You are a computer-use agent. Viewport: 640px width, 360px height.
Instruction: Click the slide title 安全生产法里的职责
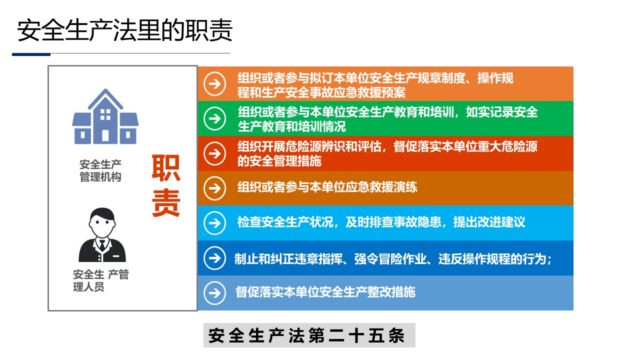pyautogui.click(x=124, y=30)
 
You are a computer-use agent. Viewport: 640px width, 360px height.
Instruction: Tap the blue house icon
pyautogui.click(x=105, y=116)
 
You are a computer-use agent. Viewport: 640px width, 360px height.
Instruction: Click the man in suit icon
pyautogui.click(x=102, y=235)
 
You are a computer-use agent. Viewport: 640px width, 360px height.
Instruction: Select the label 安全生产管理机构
pyautogui.click(x=100, y=170)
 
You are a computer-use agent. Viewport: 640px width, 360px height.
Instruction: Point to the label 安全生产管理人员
pyautogui.click(x=101, y=280)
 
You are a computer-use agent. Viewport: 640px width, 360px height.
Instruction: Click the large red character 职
pyautogui.click(x=165, y=168)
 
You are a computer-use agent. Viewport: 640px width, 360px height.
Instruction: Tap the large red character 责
pyautogui.click(x=165, y=203)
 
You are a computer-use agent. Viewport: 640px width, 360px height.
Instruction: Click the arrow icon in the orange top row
pyautogui.click(x=215, y=84)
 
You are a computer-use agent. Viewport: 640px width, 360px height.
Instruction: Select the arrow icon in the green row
pyautogui.click(x=215, y=118)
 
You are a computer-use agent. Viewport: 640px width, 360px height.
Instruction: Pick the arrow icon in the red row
pyautogui.click(x=215, y=153)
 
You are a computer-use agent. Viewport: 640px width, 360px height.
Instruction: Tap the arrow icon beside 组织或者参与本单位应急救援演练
pyautogui.click(x=215, y=188)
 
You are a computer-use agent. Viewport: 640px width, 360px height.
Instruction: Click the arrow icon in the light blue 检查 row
pyautogui.click(x=215, y=223)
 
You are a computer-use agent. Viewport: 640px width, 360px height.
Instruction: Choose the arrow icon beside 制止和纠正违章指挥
pyautogui.click(x=215, y=258)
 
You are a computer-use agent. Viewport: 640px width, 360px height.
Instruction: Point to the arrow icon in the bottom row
pyautogui.click(x=215, y=293)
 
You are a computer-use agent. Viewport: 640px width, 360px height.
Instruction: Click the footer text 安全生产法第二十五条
pyautogui.click(x=306, y=335)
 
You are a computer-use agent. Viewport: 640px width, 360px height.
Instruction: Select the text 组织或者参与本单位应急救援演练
pyautogui.click(x=327, y=187)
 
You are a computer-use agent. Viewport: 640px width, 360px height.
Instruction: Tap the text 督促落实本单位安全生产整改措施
pyautogui.click(x=325, y=292)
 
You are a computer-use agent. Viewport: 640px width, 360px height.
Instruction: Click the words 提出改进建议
pyautogui.click(x=489, y=222)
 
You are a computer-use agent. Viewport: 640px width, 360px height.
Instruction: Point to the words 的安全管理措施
pyautogui.click(x=279, y=161)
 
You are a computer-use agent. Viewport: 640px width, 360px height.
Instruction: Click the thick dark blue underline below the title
pyautogui.click(x=31, y=54)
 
